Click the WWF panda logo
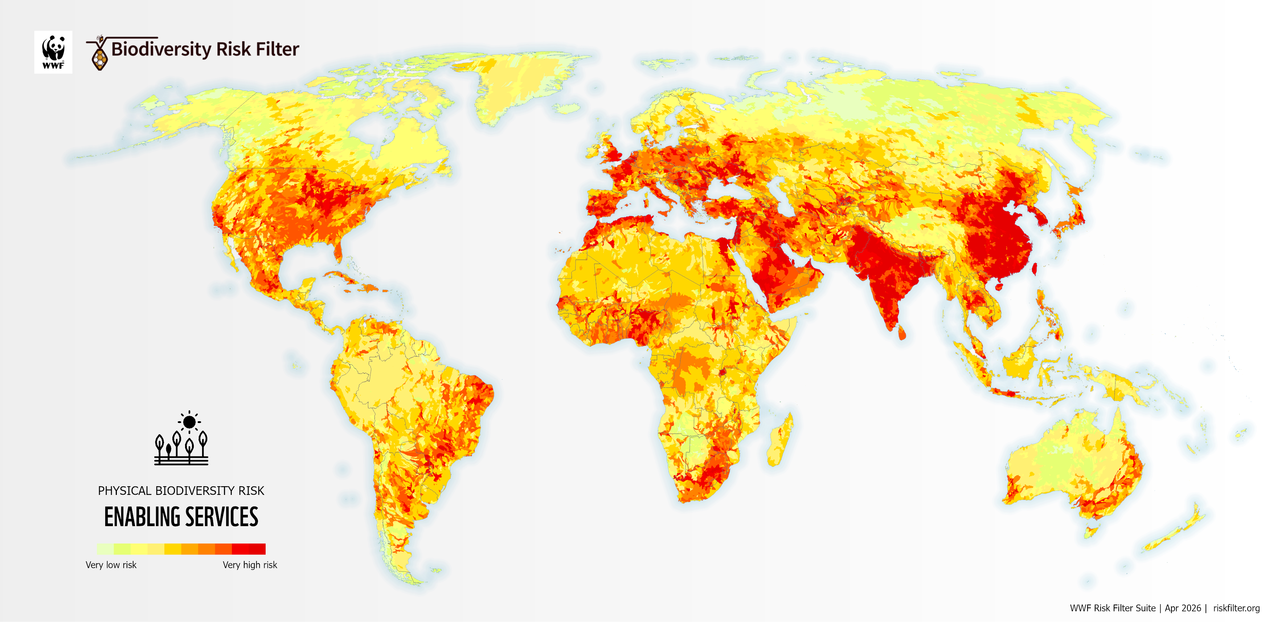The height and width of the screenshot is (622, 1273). [x=53, y=52]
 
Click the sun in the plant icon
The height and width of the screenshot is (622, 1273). [x=189, y=422]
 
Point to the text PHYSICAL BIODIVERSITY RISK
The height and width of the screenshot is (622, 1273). [x=181, y=491]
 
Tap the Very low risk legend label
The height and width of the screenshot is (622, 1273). [x=111, y=565]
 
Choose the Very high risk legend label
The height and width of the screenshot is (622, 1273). [x=250, y=565]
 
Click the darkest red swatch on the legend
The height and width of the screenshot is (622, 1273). [x=257, y=549]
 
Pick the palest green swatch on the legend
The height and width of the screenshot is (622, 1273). [x=105, y=549]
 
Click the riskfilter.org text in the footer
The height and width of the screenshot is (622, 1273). [x=1236, y=608]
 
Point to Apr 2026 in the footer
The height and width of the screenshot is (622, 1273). [x=1183, y=608]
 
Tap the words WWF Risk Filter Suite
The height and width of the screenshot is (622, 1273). [x=1112, y=608]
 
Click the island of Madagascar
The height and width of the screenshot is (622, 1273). [x=781, y=440]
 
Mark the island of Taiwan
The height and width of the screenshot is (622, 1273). [x=1034, y=268]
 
